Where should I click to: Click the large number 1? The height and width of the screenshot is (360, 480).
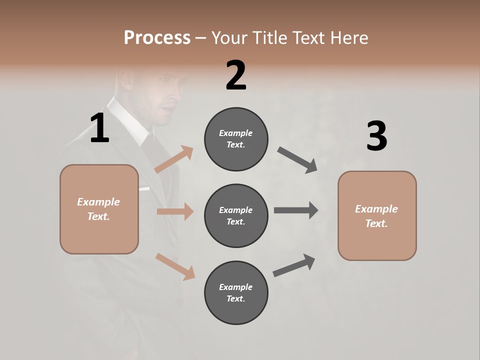point(99,128)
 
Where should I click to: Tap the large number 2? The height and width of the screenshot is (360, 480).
point(236,75)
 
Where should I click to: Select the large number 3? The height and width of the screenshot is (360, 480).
point(376,136)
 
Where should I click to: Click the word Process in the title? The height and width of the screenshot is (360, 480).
point(157,37)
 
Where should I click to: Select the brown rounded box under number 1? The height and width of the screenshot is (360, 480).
point(99,209)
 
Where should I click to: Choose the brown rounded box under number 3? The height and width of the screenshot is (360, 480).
point(377,215)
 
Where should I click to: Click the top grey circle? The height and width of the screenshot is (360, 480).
point(236,139)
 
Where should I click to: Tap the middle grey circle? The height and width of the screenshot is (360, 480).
point(236,215)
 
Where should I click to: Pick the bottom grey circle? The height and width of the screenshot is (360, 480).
point(236,292)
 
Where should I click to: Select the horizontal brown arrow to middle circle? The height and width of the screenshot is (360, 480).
point(175,211)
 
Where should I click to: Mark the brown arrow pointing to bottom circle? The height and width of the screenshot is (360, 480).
point(175,266)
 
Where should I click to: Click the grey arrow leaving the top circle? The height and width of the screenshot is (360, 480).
point(297,160)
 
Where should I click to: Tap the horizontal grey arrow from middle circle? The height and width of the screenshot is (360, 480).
point(296,210)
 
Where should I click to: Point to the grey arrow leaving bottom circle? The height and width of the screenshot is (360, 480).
point(294,265)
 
